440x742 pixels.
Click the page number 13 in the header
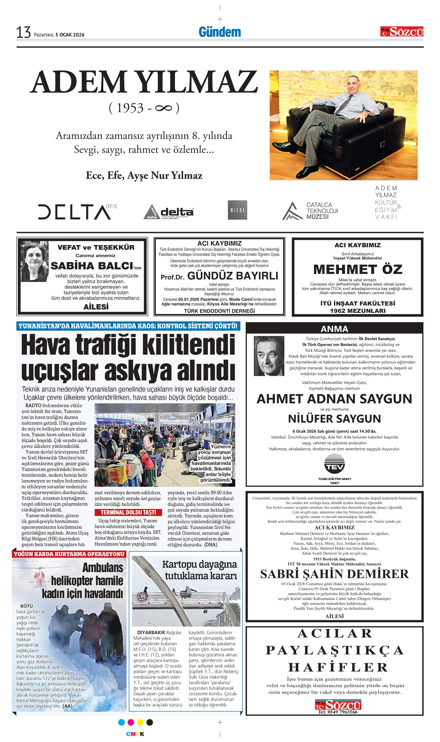click(x=24, y=33)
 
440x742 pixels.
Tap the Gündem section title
click(x=219, y=32)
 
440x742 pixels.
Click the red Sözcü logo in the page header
click(x=402, y=31)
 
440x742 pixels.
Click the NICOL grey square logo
click(x=237, y=210)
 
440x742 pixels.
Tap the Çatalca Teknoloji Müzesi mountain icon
click(x=292, y=211)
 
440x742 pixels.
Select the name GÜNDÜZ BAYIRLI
click(x=233, y=276)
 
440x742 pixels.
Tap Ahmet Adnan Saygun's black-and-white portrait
click(x=269, y=356)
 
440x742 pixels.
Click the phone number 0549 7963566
click(x=338, y=712)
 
